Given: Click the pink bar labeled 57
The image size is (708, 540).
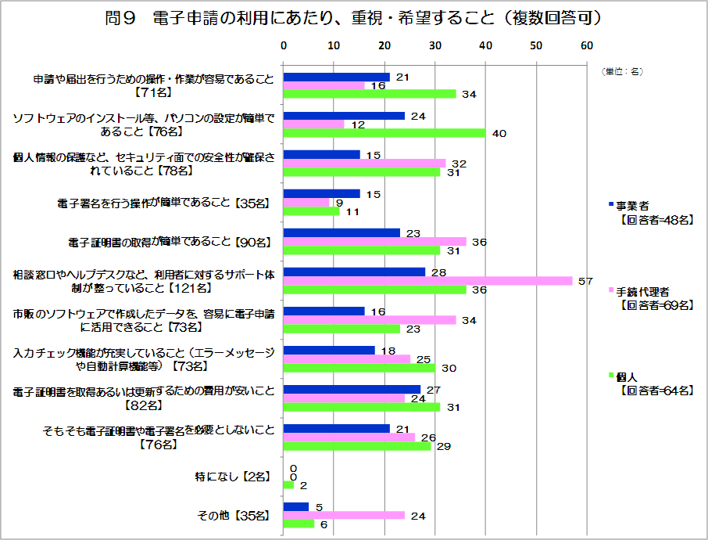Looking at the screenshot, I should (427, 280).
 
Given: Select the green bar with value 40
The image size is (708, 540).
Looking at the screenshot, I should (384, 132).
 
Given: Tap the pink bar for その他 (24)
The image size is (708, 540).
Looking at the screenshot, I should (344, 515).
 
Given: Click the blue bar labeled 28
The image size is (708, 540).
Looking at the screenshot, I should (354, 272).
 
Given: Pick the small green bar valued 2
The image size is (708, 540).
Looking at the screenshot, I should (288, 484).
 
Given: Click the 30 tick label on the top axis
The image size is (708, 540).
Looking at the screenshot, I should (434, 46).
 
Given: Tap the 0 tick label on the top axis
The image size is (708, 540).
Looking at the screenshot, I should (284, 46).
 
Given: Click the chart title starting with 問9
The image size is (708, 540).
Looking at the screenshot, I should (353, 18).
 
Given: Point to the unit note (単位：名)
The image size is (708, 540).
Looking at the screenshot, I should (622, 71).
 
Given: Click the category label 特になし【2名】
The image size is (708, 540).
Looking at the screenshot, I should (232, 476).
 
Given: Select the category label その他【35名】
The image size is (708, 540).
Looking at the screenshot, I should (236, 515).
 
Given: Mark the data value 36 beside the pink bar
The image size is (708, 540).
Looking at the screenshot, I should (480, 242).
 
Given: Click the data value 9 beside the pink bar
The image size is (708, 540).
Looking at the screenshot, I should (338, 203).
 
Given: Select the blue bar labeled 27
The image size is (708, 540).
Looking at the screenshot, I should (352, 389).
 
